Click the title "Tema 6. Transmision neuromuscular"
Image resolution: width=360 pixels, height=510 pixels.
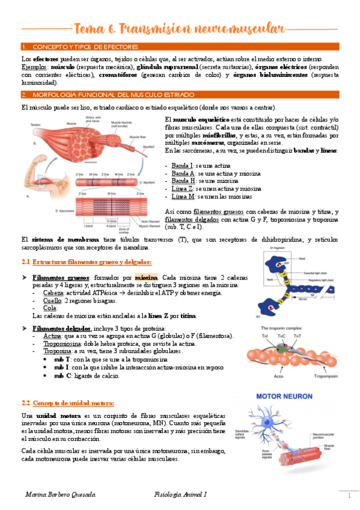180,28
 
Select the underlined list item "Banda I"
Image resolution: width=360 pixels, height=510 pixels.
182,165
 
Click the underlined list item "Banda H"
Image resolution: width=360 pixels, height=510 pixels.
182,180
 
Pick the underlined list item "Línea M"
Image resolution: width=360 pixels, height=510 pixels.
183,196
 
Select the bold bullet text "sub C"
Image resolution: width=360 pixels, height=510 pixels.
62,375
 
